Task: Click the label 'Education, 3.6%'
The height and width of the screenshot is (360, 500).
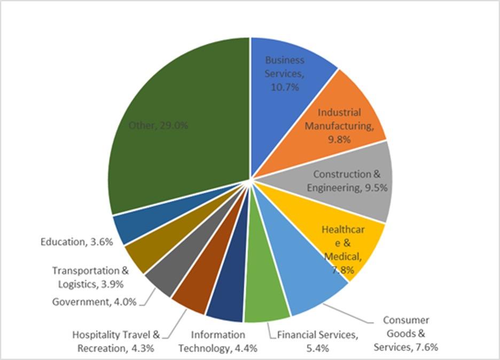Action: point(76,242)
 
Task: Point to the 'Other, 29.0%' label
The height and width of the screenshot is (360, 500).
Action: point(158,126)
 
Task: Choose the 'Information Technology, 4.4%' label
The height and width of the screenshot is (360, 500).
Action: point(218,342)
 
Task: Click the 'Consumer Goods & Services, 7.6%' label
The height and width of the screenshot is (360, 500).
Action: point(406,334)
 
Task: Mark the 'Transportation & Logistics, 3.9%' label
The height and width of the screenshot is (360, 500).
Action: point(91,277)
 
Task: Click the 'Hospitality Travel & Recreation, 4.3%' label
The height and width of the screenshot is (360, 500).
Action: point(116,342)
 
